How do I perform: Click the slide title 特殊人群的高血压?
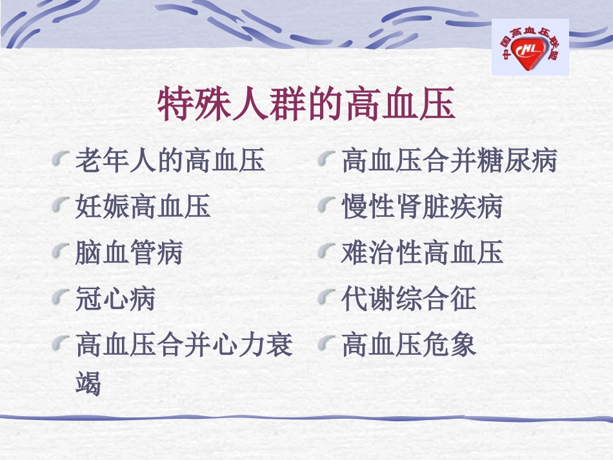point(306,105)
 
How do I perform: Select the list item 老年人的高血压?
point(170,161)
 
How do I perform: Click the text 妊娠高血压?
point(143,207)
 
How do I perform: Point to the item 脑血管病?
point(129,253)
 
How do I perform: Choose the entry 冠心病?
point(116,299)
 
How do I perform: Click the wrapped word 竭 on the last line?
point(88,385)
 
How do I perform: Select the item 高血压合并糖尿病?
point(449,161)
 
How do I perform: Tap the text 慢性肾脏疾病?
point(422,207)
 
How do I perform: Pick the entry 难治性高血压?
point(422,253)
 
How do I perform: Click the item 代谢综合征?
point(408,299)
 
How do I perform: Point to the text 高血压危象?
point(408,345)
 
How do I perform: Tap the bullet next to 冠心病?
point(60,297)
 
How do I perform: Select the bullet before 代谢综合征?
point(327,297)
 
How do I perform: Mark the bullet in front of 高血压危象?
point(327,343)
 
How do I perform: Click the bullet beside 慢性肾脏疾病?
point(327,206)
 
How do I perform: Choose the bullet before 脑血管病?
point(60,252)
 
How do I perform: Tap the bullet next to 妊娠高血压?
point(60,206)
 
